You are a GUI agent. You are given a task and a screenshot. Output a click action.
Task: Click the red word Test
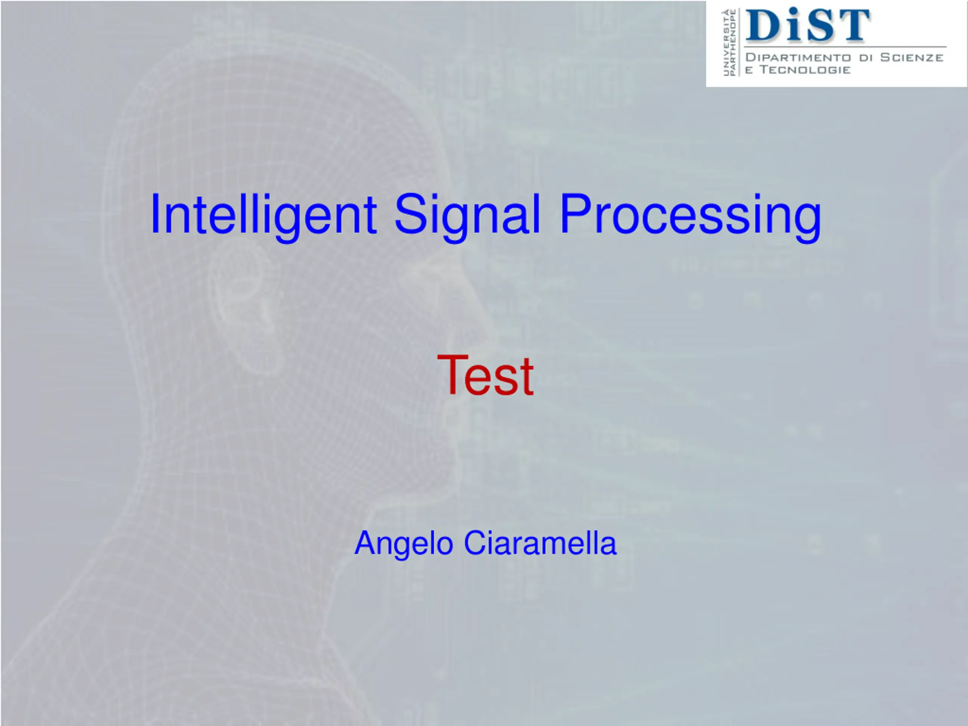coord(485,375)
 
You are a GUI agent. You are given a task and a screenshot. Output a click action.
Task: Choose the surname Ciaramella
coord(540,543)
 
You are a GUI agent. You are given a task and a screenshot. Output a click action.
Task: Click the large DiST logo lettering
coord(807,25)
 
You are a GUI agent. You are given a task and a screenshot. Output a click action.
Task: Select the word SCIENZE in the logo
coord(912,57)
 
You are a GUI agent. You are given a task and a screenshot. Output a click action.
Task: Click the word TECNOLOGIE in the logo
coord(805,70)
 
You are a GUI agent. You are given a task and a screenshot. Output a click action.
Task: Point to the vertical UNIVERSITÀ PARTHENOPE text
coord(729,42)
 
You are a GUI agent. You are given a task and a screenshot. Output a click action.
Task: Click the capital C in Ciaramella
coord(475,543)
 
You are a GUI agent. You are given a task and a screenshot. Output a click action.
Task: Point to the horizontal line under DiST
coord(845,47)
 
